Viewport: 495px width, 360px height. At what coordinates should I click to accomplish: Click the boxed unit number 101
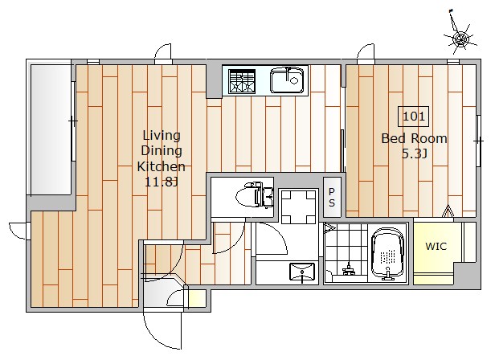[414, 117]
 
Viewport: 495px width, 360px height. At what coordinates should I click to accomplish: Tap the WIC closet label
[436, 247]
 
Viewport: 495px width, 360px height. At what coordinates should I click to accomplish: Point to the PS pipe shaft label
[331, 197]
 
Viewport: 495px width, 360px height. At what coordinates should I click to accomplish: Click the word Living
[162, 136]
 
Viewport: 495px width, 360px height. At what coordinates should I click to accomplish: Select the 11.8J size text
[162, 182]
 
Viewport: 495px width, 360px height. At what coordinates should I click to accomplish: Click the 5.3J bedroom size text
[414, 154]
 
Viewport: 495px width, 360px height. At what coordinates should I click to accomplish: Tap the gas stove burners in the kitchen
[242, 81]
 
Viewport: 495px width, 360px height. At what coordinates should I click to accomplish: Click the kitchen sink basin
[287, 81]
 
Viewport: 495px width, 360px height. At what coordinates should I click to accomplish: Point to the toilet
[254, 194]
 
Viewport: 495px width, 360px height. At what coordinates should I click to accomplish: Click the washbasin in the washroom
[302, 272]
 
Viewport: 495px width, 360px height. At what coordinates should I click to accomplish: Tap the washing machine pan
[298, 206]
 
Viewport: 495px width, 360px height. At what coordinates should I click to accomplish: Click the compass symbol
[460, 38]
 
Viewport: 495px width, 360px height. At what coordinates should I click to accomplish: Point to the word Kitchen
[161, 166]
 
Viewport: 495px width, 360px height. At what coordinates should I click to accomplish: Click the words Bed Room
[414, 139]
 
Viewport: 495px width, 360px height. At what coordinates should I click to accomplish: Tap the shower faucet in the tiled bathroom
[348, 268]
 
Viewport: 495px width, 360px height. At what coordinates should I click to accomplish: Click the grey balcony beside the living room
[51, 129]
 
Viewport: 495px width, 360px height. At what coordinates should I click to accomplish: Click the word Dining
[162, 151]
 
